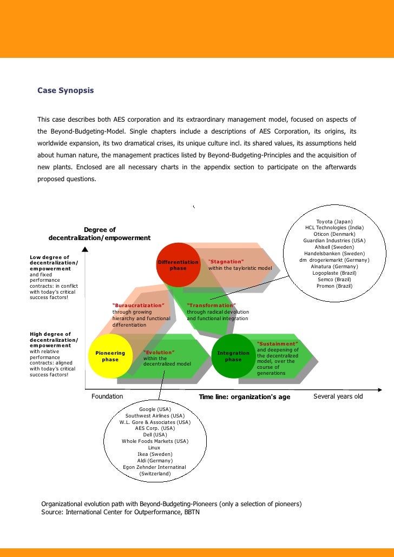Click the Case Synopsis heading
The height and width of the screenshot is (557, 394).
(65, 91)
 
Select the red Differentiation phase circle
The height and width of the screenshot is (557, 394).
(178, 265)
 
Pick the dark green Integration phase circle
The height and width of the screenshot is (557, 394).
(233, 356)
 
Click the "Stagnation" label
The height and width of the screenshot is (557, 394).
(226, 262)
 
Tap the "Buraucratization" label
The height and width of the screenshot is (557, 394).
(138, 306)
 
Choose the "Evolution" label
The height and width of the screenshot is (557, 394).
(159, 352)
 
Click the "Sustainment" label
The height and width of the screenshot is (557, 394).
(277, 344)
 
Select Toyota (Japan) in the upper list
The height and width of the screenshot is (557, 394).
(334, 222)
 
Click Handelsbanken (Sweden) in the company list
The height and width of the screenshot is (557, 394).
(334, 254)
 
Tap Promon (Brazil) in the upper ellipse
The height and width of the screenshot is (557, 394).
(334, 286)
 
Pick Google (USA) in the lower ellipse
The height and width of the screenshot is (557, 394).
(155, 409)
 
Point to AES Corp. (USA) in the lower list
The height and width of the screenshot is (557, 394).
(155, 428)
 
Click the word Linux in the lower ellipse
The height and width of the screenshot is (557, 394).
(154, 448)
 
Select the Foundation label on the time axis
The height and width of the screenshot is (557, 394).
(107, 396)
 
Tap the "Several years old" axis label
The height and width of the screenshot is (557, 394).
(338, 396)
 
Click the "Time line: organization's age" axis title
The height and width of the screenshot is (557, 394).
(245, 397)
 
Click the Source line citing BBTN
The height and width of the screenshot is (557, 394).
(121, 512)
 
